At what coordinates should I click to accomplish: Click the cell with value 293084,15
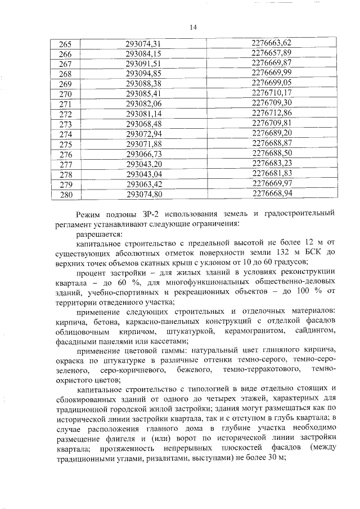[x=144, y=53]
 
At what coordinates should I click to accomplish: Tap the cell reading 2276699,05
[x=272, y=83]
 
